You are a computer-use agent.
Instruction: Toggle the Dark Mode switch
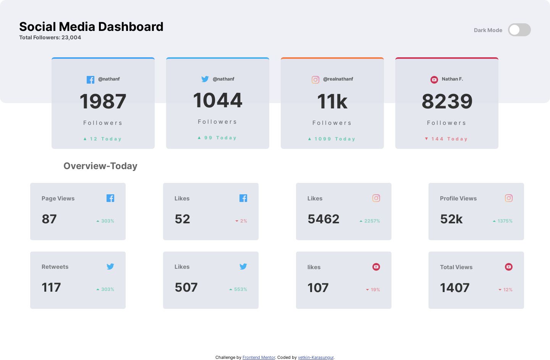click(x=519, y=30)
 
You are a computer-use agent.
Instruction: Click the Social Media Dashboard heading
click(x=91, y=27)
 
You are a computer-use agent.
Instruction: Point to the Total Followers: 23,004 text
click(x=50, y=37)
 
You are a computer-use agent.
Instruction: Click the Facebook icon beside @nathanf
click(x=91, y=79)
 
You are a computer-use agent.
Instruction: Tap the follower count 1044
click(x=218, y=100)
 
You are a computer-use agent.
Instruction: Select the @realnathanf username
click(x=338, y=79)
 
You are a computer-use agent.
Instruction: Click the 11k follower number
click(x=332, y=102)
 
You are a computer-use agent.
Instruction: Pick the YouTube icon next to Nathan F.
click(x=434, y=79)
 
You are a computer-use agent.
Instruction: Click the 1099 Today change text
click(x=332, y=139)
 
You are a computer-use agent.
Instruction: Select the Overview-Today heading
click(x=100, y=166)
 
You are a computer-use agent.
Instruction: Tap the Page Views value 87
click(x=49, y=219)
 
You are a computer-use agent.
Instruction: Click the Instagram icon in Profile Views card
click(x=509, y=198)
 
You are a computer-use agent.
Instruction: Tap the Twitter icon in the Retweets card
click(x=110, y=266)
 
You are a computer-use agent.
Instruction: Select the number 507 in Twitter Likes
click(x=186, y=287)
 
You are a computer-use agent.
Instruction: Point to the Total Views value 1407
click(x=455, y=288)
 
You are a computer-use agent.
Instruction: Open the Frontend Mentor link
click(x=259, y=358)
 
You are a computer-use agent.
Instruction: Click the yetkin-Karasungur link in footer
click(x=315, y=358)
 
